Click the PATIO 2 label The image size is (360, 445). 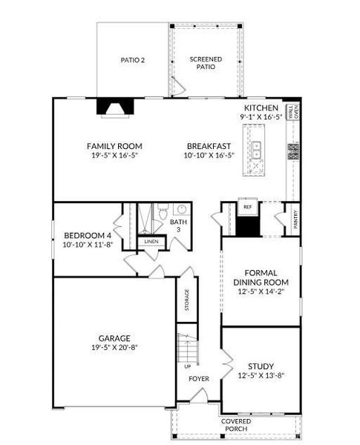coord(133,60)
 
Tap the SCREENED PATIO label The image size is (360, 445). coord(206,63)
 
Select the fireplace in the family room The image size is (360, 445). coord(115,108)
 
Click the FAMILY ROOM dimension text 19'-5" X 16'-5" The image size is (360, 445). coord(114,155)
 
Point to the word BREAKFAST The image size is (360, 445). coord(209,146)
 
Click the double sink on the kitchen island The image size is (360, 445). coord(256,150)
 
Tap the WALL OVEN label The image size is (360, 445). coord(293,112)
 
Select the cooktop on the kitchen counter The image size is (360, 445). coord(293,151)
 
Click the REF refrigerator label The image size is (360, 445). coord(248,207)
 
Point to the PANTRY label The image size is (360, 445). coord(295,219)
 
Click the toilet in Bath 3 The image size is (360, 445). coord(163,211)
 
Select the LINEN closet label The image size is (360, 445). coord(151,242)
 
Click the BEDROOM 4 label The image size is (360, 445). coord(88,236)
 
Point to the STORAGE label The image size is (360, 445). coord(186,300)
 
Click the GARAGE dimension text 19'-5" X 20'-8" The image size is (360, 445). coord(114,347)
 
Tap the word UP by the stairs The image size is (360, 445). coord(188,366)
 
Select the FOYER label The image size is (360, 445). coord(199,379)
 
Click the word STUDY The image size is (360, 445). coord(261,366)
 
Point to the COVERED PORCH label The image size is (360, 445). coord(236,425)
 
